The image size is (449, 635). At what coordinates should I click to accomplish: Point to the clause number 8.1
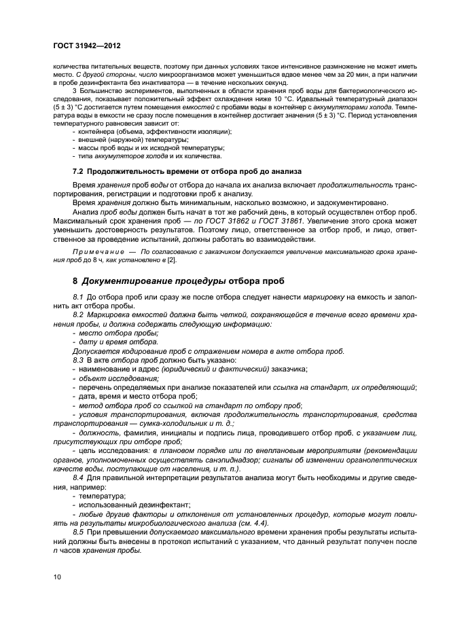(x=77, y=298)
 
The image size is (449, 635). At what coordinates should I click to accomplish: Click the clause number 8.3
(x=77, y=360)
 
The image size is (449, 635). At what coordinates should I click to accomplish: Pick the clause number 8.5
(x=77, y=533)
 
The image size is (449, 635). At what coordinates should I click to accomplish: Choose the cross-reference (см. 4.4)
(x=248, y=524)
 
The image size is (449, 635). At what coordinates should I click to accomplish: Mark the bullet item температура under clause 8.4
(x=97, y=496)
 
